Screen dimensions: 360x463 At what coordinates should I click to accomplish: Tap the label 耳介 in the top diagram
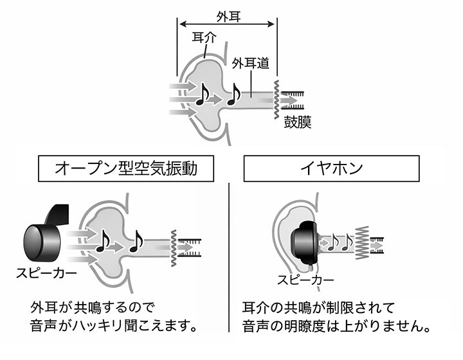pyautogui.click(x=203, y=37)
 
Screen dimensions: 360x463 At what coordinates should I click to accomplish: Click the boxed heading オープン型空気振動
pyautogui.click(x=125, y=169)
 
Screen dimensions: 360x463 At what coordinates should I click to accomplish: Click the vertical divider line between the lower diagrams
pyautogui.click(x=229, y=257)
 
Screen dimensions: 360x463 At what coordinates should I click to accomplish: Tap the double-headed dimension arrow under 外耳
pyautogui.click(x=227, y=25)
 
